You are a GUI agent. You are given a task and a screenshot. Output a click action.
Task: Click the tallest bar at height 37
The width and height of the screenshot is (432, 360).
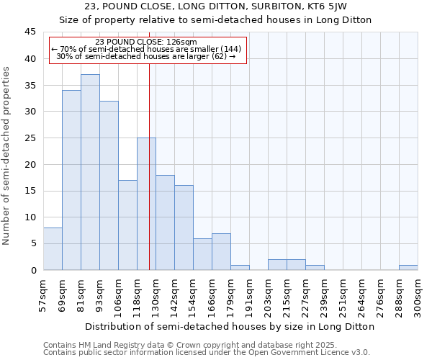[90, 172]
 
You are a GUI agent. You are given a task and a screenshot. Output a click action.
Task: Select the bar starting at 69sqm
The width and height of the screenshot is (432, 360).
[71, 180]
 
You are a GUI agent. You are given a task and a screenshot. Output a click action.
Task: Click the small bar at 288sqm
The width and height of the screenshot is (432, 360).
[408, 267]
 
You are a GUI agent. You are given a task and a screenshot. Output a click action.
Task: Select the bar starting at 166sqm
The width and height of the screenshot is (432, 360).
[221, 251]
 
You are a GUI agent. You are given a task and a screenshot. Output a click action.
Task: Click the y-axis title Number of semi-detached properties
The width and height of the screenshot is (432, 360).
[6, 156]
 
